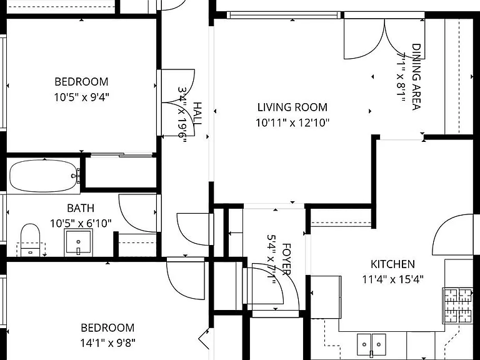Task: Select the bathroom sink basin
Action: (x=78, y=242)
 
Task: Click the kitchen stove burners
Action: (x=458, y=306)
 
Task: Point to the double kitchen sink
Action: (x=371, y=345)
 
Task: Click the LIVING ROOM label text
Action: (x=292, y=107)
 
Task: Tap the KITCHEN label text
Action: (x=392, y=264)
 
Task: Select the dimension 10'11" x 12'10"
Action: (x=292, y=122)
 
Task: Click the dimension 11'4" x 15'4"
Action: (x=392, y=279)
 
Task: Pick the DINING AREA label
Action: (x=416, y=76)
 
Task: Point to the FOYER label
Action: (x=286, y=259)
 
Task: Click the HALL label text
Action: (x=197, y=113)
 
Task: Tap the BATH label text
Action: (x=81, y=208)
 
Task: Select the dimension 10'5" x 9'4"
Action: (x=82, y=97)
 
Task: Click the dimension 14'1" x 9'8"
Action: (x=107, y=343)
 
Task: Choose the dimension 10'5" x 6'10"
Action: (x=81, y=224)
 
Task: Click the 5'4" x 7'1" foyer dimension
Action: (x=271, y=259)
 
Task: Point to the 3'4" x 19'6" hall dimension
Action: (x=182, y=116)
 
